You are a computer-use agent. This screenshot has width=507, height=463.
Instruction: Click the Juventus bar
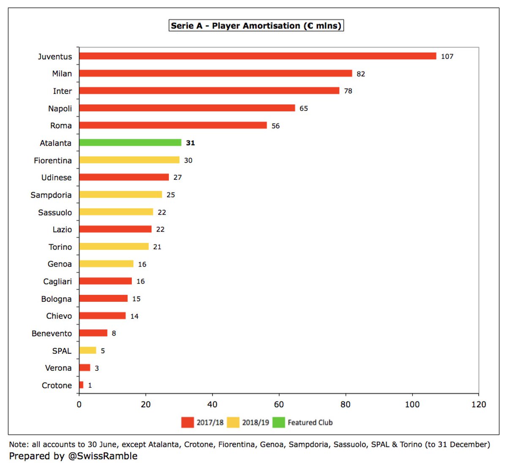[x=257, y=56]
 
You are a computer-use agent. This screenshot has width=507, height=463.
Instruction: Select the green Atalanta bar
[x=130, y=143]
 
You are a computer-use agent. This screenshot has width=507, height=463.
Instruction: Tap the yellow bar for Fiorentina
[x=129, y=160]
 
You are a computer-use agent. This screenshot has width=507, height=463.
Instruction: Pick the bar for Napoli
[x=187, y=108]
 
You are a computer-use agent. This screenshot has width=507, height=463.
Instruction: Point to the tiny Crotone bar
[x=81, y=385]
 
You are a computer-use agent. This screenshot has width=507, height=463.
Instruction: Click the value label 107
[x=447, y=56]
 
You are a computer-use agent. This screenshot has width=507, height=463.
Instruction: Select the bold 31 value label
[x=191, y=143]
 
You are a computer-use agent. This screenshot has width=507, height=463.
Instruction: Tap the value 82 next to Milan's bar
[x=361, y=74]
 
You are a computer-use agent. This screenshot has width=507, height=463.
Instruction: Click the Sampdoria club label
[x=51, y=195]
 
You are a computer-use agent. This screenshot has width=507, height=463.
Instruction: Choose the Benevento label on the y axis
[x=52, y=333]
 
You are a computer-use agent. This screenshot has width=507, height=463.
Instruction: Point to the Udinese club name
[x=56, y=177]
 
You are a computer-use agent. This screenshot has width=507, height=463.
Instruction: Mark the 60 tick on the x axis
[x=279, y=404]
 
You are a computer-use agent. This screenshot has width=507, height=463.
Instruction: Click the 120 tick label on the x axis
[x=479, y=404]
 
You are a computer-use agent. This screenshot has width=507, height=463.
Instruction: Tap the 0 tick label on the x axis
[x=79, y=404]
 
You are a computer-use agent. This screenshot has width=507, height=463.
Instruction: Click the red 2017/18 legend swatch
[x=187, y=422]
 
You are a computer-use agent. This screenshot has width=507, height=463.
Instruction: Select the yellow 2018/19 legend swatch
[x=233, y=422]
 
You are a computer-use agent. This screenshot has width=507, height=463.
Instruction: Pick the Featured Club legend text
[x=310, y=422]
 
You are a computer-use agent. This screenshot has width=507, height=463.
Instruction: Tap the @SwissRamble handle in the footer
[x=103, y=456]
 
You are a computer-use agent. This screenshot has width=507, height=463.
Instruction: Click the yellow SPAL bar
[x=87, y=350]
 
